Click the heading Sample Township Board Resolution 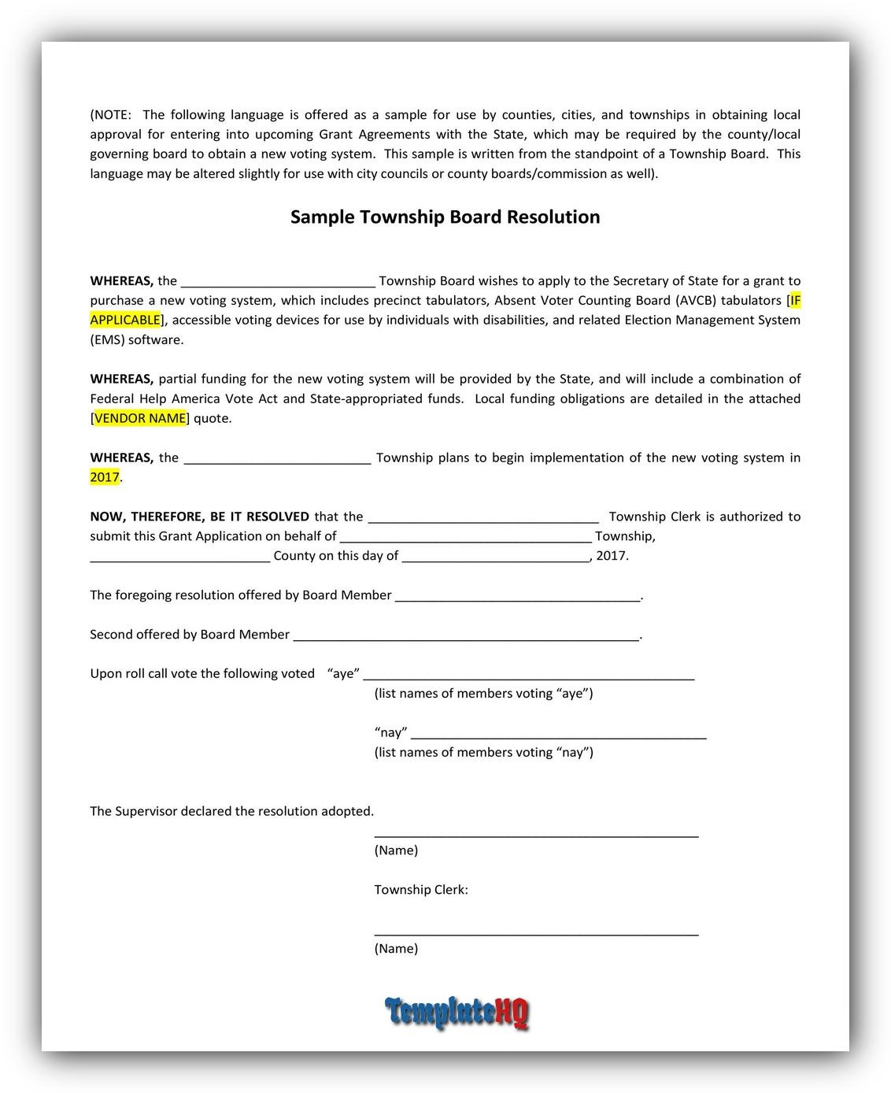pyautogui.click(x=445, y=217)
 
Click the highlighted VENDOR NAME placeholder pyautogui.click(x=141, y=418)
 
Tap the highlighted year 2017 pyautogui.click(x=105, y=477)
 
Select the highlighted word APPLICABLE pyautogui.click(x=125, y=320)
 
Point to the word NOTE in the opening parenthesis pyautogui.click(x=111, y=115)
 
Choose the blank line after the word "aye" pyautogui.click(x=528, y=676)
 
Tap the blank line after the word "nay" pyautogui.click(x=558, y=735)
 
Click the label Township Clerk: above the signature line pyautogui.click(x=421, y=890)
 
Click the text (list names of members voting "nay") pyautogui.click(x=484, y=752)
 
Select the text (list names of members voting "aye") pyautogui.click(x=484, y=693)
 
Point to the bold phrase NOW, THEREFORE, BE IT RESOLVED pyautogui.click(x=200, y=517)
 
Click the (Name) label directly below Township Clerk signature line pyautogui.click(x=396, y=948)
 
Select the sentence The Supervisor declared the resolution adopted pyautogui.click(x=232, y=811)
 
